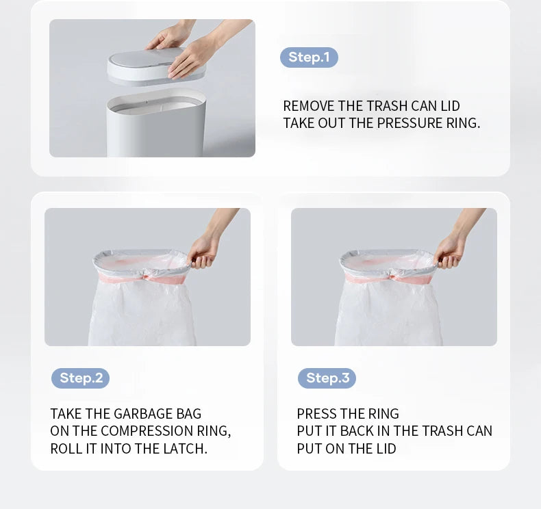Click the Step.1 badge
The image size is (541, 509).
coord(309,57)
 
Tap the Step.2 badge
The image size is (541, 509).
coord(80,378)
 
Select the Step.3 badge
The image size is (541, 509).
coord(327,378)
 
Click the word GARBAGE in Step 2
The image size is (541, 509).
coord(143,414)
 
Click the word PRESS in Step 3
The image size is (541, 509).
coord(313,414)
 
